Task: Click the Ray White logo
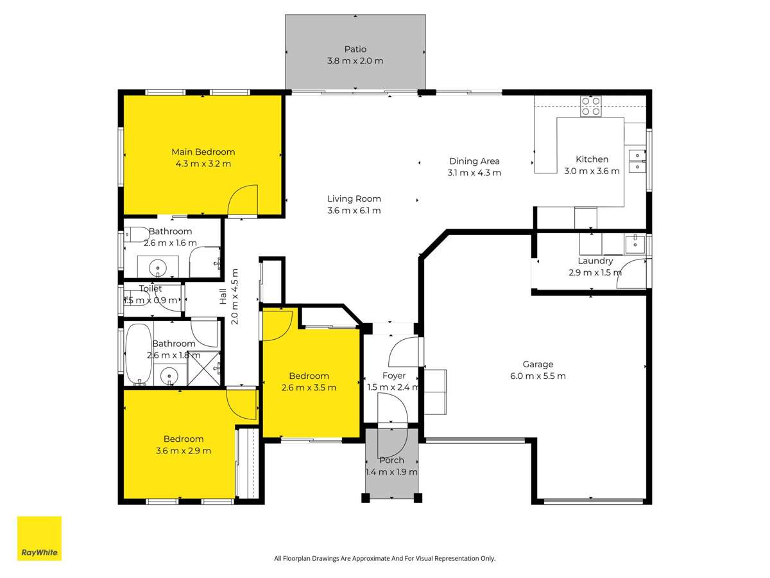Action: click(x=39, y=538)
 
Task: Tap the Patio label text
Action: click(x=355, y=49)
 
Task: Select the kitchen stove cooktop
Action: click(x=590, y=106)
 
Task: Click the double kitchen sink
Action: click(x=637, y=161)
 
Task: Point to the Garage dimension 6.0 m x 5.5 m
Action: click(x=538, y=376)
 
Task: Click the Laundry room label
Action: click(x=595, y=261)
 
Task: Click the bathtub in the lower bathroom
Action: click(x=138, y=353)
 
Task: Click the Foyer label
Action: click(x=393, y=376)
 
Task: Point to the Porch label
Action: click(x=391, y=460)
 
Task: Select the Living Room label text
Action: click(x=354, y=199)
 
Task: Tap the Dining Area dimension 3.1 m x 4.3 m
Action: click(x=474, y=173)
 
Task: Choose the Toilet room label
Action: click(x=151, y=289)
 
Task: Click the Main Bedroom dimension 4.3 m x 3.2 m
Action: click(x=203, y=164)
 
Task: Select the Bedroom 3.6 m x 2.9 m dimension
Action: click(x=183, y=451)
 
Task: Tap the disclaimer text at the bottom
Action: click(x=384, y=559)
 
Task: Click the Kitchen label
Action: click(x=592, y=159)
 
